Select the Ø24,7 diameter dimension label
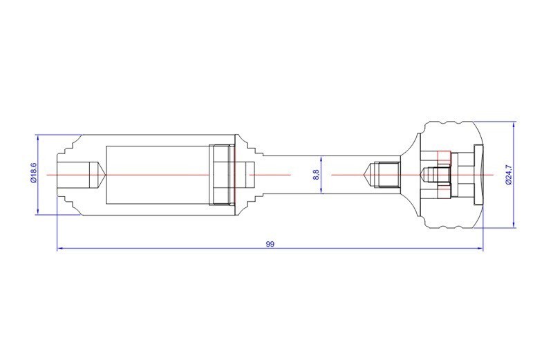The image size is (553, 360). point(509,175)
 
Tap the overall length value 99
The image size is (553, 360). point(270,244)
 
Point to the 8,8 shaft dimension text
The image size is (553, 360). point(317,175)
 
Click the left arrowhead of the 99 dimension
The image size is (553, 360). point(60,249)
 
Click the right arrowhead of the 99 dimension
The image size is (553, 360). point(480,249)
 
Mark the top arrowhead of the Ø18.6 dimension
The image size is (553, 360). point(37,138)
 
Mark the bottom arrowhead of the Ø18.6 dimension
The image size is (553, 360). point(37,211)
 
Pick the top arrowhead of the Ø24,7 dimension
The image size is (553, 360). point(514,124)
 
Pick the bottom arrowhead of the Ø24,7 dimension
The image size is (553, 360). point(514,225)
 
